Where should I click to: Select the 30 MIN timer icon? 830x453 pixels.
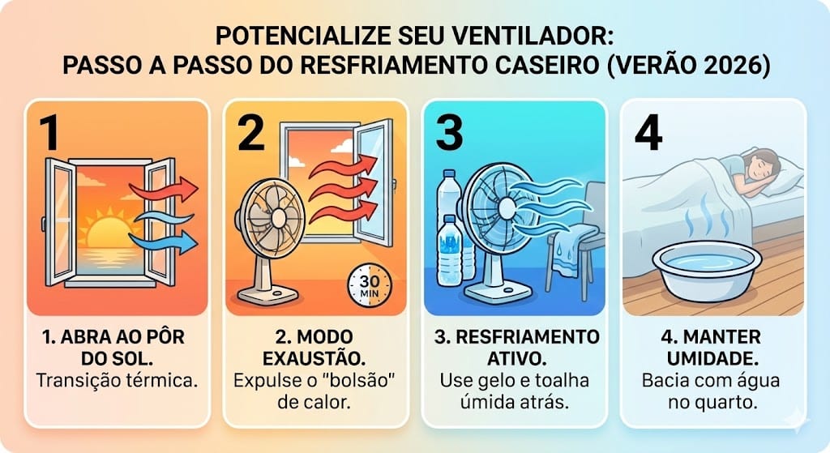pos(369,284)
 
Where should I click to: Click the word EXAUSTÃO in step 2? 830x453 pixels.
pos(316,357)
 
